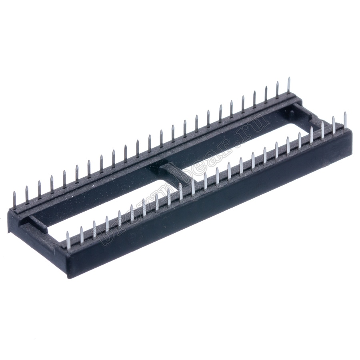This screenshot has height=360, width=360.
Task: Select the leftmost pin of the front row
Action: (68, 240)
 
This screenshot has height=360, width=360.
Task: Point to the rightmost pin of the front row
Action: (345, 120)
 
